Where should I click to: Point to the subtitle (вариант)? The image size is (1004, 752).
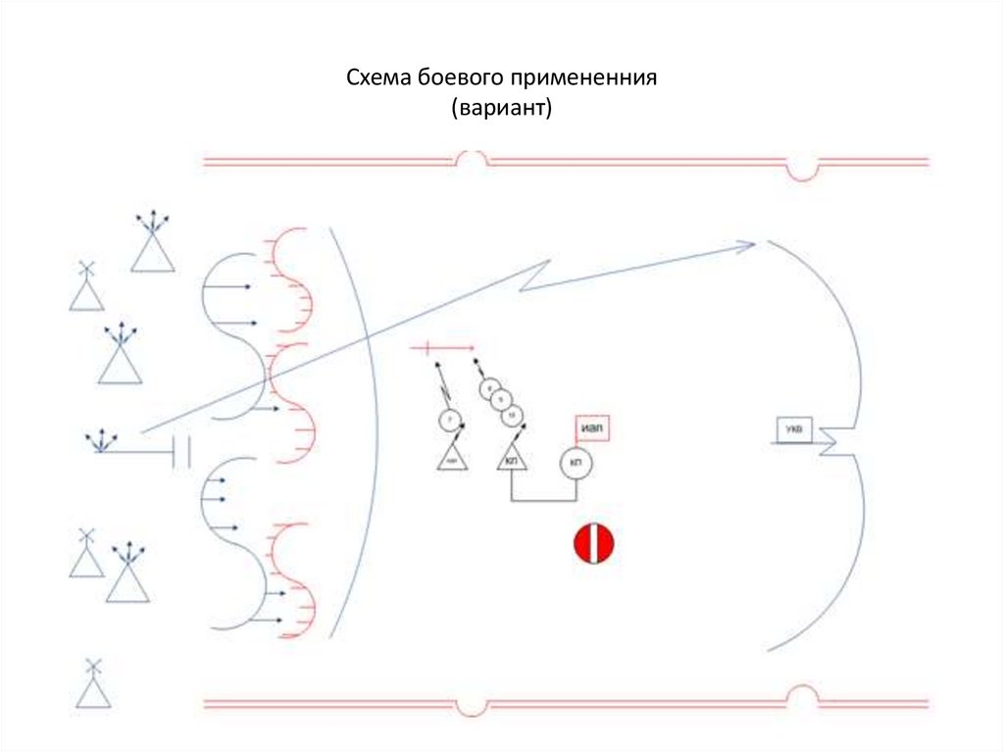coord(502,107)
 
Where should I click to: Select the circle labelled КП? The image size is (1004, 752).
coord(575,464)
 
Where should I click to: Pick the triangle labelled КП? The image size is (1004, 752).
coord(512,457)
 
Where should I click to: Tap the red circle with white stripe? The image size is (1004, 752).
coord(593,544)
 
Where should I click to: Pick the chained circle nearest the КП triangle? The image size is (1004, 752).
coord(512,417)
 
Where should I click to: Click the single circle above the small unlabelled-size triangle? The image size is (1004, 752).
coord(449,422)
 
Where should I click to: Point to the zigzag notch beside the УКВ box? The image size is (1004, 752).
coord(833,441)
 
